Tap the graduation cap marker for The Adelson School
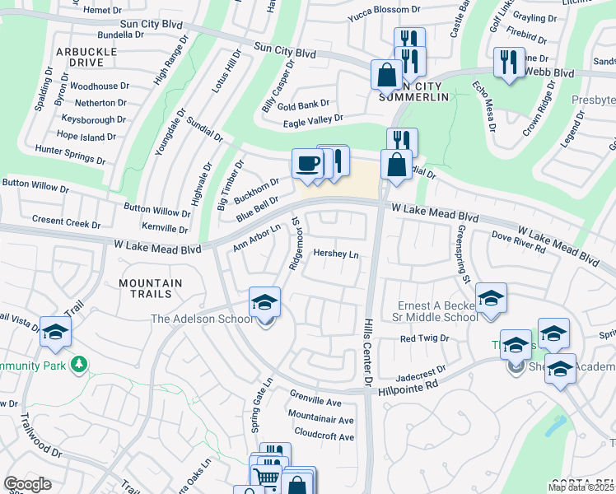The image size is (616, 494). click(x=265, y=302)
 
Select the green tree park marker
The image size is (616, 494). click(x=79, y=363)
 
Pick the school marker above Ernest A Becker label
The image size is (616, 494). click(x=491, y=298)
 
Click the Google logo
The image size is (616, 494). click(x=28, y=484)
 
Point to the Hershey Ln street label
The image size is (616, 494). click(x=336, y=255)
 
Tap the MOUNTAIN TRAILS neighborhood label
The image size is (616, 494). click(x=150, y=287)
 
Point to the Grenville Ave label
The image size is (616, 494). click(x=315, y=403)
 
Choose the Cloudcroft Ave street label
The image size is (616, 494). click(x=324, y=434)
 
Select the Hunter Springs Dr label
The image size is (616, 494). click(x=71, y=151)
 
